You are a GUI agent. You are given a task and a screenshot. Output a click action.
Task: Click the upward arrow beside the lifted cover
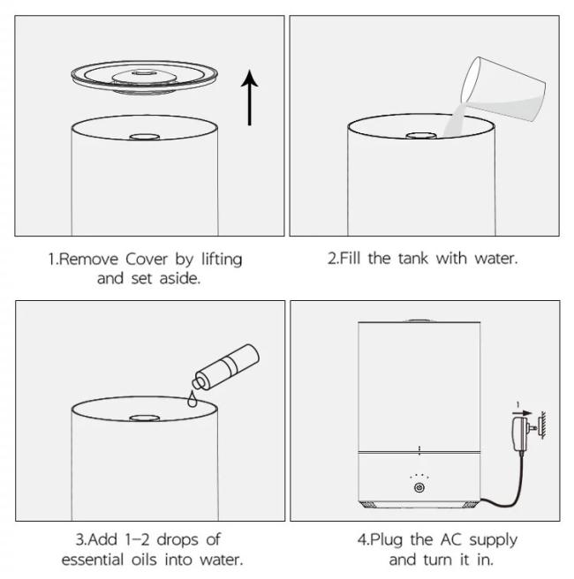tap(249, 98)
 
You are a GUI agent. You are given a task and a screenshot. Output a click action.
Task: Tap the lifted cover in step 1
tap(145, 77)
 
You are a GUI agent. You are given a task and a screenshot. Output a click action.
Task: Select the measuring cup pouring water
tap(503, 89)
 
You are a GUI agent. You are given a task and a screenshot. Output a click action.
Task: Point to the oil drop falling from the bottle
tap(193, 399)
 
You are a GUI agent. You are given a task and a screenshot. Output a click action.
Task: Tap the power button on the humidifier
tap(419, 488)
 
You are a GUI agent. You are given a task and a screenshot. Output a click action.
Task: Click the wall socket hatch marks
tap(542, 425)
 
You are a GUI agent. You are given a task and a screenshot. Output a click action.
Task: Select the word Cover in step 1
tap(147, 259)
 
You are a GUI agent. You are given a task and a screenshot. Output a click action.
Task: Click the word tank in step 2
tap(413, 258)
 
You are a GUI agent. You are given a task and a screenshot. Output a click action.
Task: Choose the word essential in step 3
tap(93, 560)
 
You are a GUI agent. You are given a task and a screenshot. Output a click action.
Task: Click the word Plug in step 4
tap(386, 540)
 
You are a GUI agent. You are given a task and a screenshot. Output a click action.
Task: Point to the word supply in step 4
tap(493, 541)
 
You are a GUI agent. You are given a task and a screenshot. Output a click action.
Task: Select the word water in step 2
tap(495, 259)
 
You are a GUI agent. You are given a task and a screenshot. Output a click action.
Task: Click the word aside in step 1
tap(180, 278)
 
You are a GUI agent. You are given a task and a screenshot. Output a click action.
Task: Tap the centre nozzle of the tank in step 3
tap(145, 418)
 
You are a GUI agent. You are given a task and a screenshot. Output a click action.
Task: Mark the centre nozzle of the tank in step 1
tap(145, 137)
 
